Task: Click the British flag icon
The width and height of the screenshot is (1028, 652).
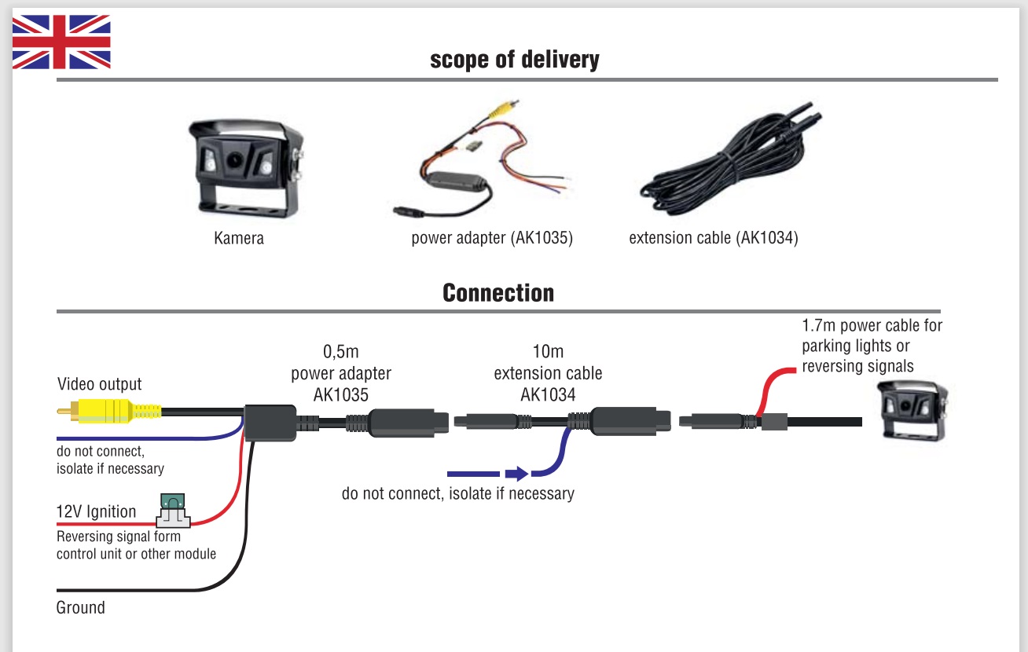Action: point(61,42)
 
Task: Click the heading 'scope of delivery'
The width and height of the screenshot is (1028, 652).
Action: point(514,60)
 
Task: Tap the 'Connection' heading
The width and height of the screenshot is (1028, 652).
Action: point(498,293)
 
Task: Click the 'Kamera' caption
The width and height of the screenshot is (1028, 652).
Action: point(239,238)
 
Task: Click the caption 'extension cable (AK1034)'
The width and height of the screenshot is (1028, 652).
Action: point(713,238)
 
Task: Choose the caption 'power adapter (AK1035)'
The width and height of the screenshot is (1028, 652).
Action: point(492,238)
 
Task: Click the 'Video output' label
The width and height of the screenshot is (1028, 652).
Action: point(100,384)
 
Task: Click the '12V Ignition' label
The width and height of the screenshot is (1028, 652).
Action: point(96,512)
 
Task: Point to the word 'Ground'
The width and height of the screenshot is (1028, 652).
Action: point(81,608)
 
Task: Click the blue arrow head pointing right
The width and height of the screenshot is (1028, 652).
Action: point(516,474)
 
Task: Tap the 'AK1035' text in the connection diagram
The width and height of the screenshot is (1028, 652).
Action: point(340,394)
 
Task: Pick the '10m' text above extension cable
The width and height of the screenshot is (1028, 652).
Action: point(548,352)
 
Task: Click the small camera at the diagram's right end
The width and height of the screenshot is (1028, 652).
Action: point(911,411)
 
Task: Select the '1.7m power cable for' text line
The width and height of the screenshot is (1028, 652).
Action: point(872,325)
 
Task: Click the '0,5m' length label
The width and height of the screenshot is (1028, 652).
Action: point(340,352)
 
